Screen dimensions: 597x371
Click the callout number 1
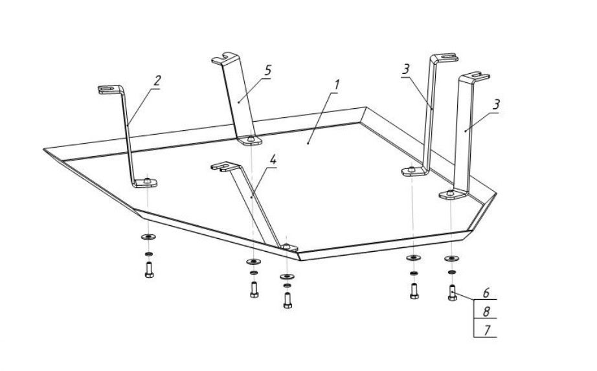click(336, 85)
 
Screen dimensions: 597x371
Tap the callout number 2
click(157, 81)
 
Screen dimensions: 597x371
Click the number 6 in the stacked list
click(486, 293)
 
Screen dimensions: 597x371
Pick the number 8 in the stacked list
click(486, 311)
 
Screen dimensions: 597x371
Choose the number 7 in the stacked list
click(486, 330)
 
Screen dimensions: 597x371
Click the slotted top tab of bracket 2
click(111, 89)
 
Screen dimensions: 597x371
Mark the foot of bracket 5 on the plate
click(250, 140)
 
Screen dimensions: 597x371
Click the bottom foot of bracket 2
click(145, 183)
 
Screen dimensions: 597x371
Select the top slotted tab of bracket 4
click(225, 166)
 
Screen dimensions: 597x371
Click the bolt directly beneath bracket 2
click(149, 270)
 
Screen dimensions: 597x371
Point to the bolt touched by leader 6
click(453, 293)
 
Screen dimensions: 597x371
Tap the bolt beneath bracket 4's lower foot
click(288, 300)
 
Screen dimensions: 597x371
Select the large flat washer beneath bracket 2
click(148, 237)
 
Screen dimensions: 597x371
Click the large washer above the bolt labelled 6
click(452, 258)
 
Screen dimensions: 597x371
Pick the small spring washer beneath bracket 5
click(254, 273)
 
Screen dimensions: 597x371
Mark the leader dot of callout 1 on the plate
click(308, 143)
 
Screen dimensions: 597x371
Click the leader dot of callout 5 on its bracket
click(239, 102)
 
